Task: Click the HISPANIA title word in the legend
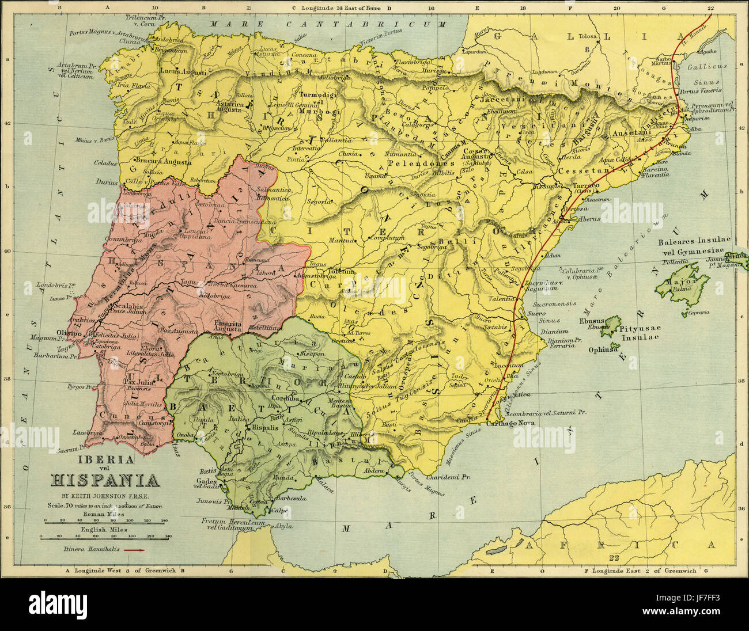coord(106,480)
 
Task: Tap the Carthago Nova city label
coord(510,423)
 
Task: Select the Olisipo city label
coord(66,332)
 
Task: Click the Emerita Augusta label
coord(228,327)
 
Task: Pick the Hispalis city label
coord(264,428)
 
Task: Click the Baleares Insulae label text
coord(694,240)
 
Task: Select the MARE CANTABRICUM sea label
coord(328,24)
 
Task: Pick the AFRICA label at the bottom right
coord(634,544)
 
